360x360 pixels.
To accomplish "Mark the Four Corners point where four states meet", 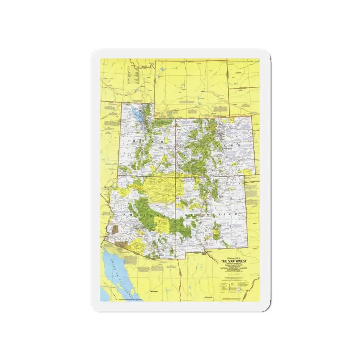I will click(x=176, y=177).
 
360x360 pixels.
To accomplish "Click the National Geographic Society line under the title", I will click(x=233, y=265).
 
